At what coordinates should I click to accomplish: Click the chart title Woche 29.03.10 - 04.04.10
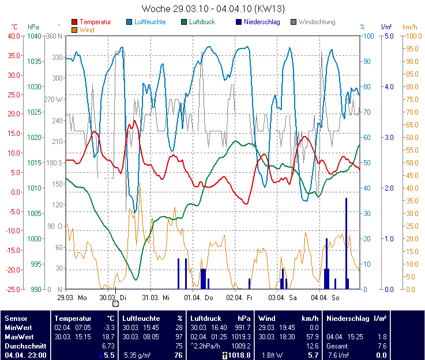(213, 9)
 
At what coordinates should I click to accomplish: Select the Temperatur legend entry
(95, 22)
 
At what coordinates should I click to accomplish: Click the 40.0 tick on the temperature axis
(13, 36)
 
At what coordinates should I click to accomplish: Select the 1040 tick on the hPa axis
(34, 36)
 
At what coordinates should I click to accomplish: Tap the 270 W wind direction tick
(52, 99)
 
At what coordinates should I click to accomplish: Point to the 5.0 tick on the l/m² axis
(389, 36)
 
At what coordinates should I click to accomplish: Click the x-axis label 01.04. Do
(199, 298)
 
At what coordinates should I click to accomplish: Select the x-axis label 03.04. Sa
(283, 298)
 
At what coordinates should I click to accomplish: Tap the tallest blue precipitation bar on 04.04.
(347, 242)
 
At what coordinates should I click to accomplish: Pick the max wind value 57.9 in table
(313, 336)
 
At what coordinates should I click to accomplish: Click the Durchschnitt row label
(24, 346)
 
